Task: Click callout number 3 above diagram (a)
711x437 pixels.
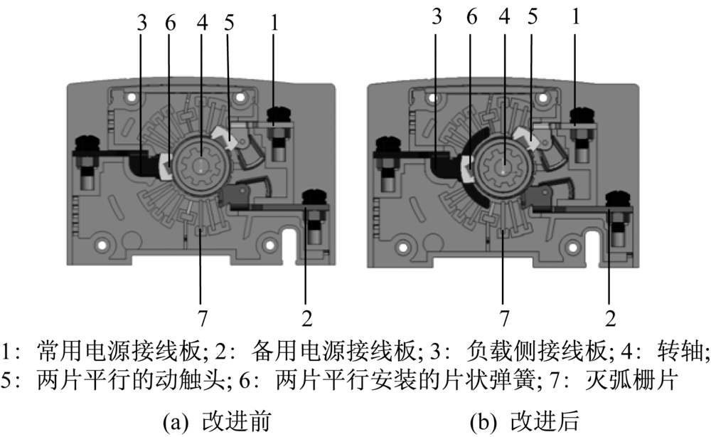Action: click(142, 21)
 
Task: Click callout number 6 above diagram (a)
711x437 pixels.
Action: click(170, 21)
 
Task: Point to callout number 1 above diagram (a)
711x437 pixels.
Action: click(274, 21)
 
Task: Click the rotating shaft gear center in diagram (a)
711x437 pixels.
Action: click(202, 165)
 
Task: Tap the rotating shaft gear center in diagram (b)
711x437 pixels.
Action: click(503, 166)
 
